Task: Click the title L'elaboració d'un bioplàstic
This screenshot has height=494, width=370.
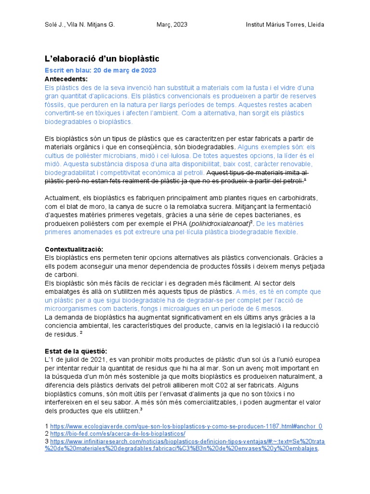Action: point(102,59)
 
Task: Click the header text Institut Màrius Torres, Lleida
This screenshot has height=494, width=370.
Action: point(285,25)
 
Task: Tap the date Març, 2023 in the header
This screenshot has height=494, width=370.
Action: point(172,25)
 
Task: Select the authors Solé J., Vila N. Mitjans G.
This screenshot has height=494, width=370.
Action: point(79,25)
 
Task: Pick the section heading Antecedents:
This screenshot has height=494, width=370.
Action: point(66,79)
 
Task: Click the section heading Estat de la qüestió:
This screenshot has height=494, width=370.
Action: point(76,351)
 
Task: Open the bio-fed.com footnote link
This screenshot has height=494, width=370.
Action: point(118,433)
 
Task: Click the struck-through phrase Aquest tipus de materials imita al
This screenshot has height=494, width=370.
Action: point(257,173)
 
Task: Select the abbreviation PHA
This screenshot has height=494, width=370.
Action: point(181,224)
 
